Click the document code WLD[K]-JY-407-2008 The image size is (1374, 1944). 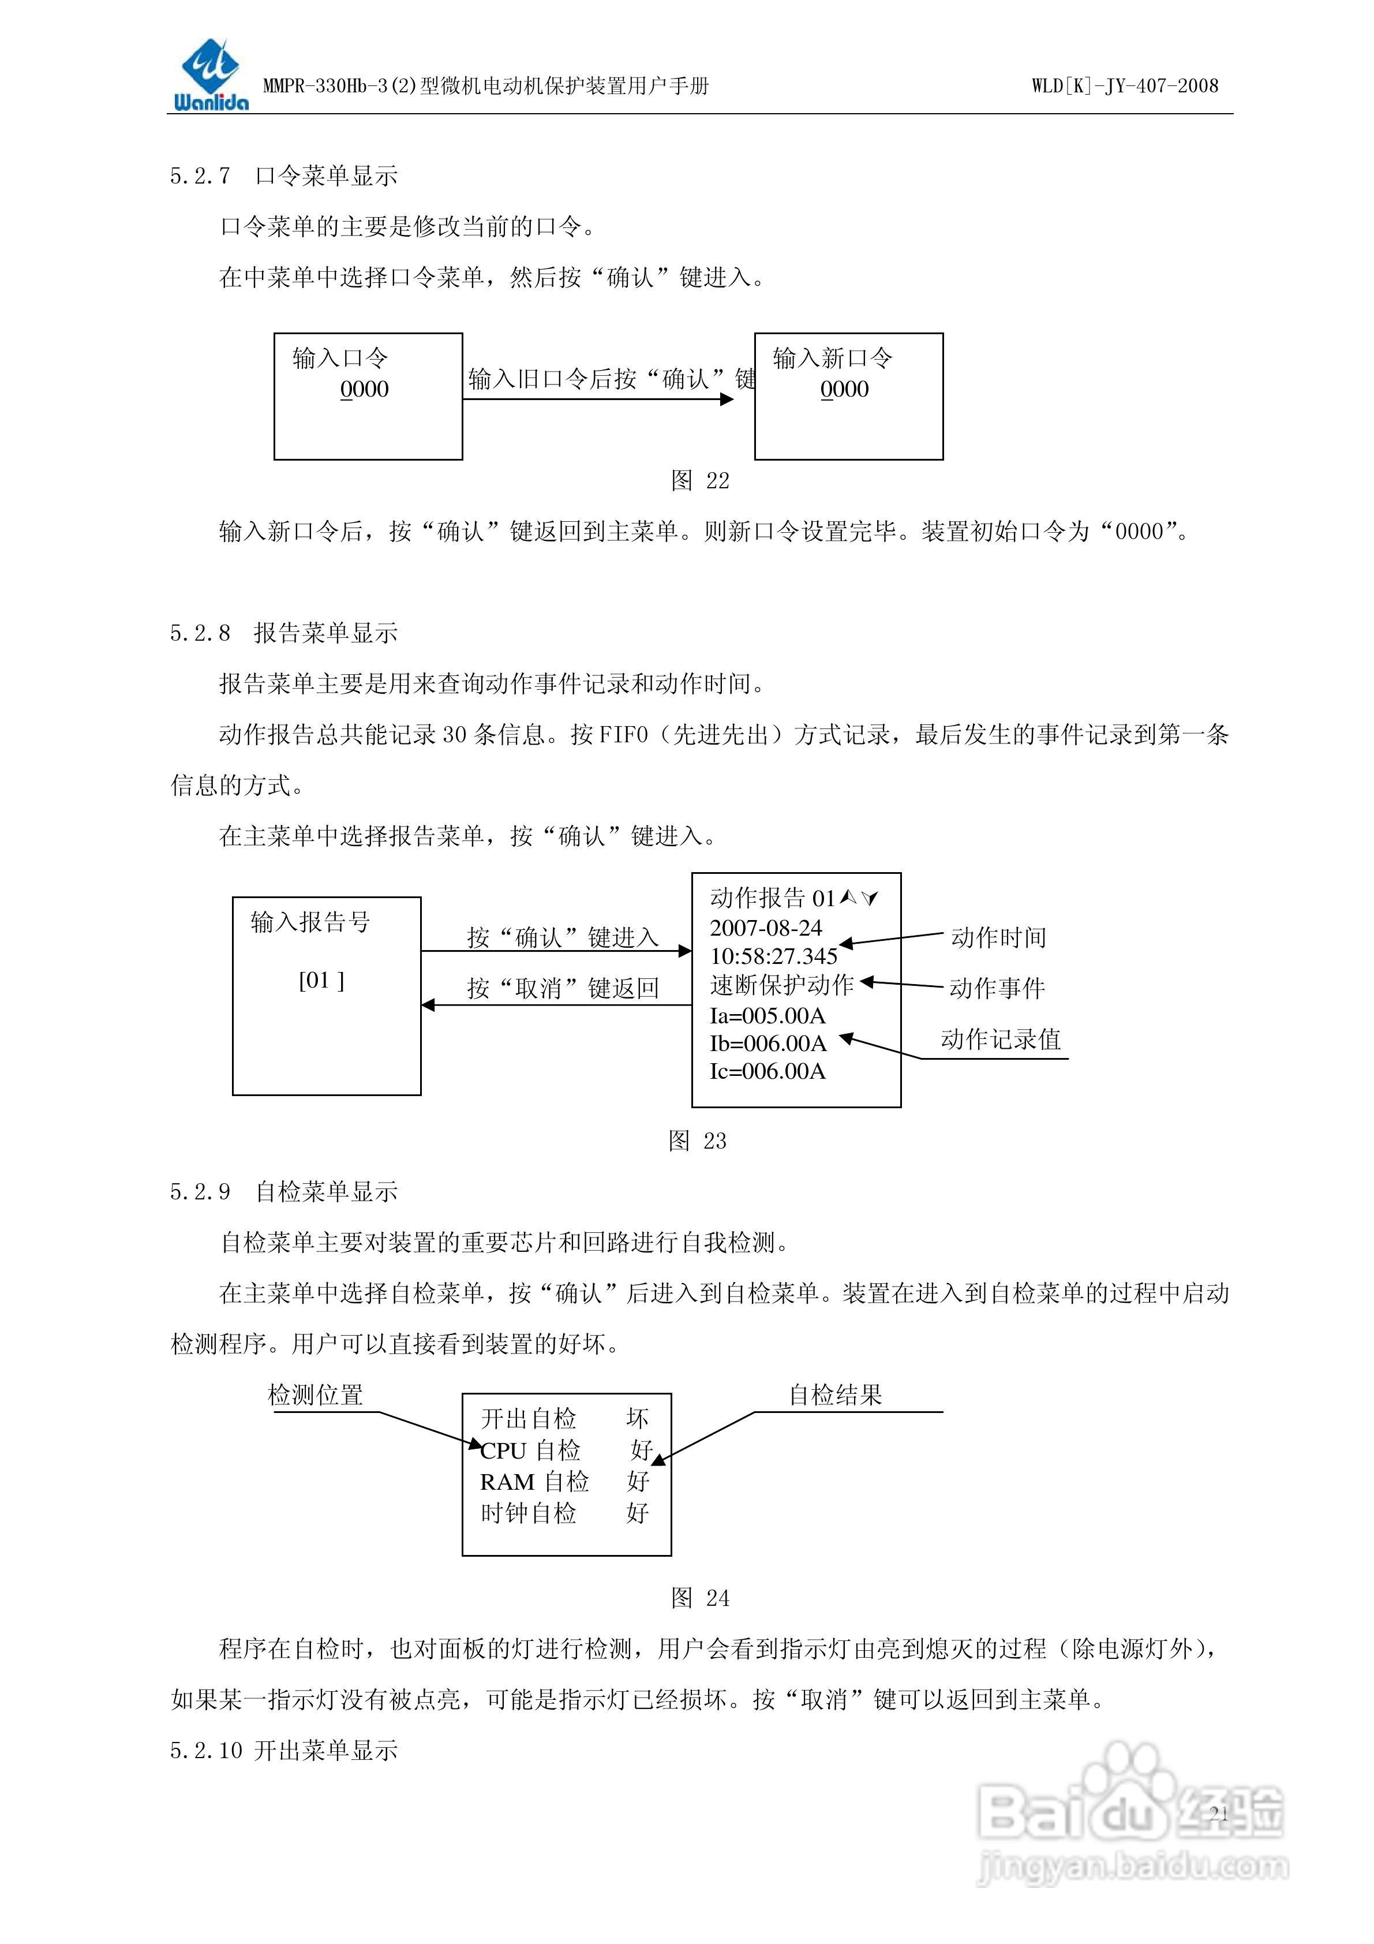(x=1124, y=85)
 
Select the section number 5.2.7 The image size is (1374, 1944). (x=200, y=176)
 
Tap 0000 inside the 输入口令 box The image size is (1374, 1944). (x=364, y=390)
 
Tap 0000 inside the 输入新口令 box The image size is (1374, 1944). (x=844, y=390)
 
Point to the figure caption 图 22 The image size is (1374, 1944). (x=699, y=481)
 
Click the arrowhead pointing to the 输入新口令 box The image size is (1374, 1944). (x=727, y=399)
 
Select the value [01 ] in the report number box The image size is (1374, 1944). (x=321, y=981)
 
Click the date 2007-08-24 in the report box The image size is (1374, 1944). (x=765, y=928)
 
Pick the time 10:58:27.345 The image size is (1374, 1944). (x=773, y=957)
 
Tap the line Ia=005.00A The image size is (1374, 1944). (x=767, y=1015)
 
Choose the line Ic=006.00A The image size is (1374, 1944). (x=767, y=1072)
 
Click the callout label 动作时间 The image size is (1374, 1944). (x=998, y=937)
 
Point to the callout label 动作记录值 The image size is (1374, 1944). (x=1001, y=1039)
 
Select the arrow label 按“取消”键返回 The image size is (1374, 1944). (x=563, y=988)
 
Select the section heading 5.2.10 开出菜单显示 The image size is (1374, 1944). (x=283, y=1751)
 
